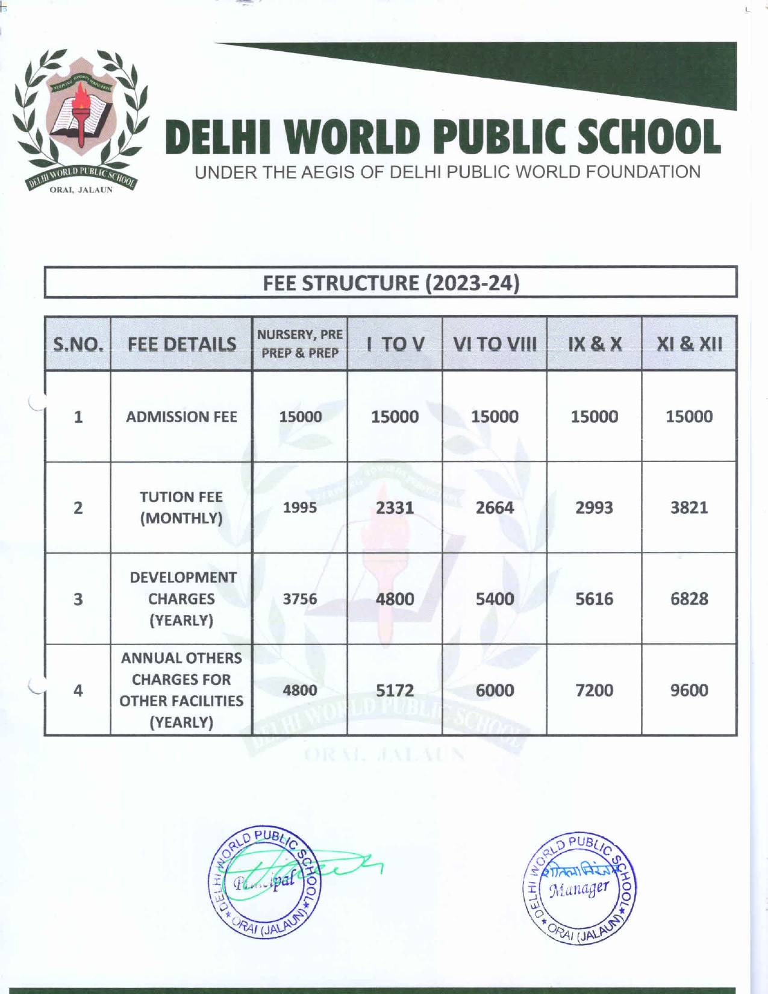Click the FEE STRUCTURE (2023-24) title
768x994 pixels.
(391, 283)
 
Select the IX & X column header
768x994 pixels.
(594, 344)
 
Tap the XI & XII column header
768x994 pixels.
(689, 344)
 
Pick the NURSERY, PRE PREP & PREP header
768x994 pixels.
(300, 344)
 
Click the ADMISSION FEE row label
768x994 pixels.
(181, 417)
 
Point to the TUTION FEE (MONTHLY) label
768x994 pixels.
(181, 507)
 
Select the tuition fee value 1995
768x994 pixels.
(300, 507)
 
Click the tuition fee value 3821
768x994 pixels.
(689, 507)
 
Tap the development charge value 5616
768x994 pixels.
(594, 599)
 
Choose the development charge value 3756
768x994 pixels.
(300, 599)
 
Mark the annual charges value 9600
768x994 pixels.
(689, 690)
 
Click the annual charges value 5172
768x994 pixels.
(395, 690)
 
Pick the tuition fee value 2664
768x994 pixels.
(495, 507)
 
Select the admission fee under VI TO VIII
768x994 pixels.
(495, 417)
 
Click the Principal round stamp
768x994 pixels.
(265, 883)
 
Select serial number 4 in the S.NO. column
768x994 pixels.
(78, 690)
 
